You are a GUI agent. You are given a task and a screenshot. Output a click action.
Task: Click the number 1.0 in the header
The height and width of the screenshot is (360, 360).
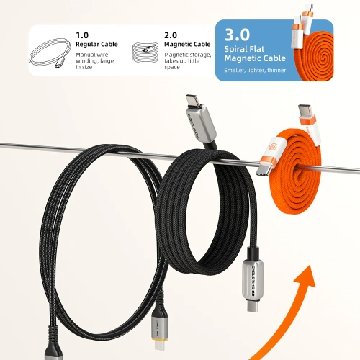pyautogui.click(x=82, y=35)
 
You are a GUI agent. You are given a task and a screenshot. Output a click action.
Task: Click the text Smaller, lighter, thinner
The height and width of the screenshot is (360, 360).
pyautogui.click(x=255, y=71)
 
